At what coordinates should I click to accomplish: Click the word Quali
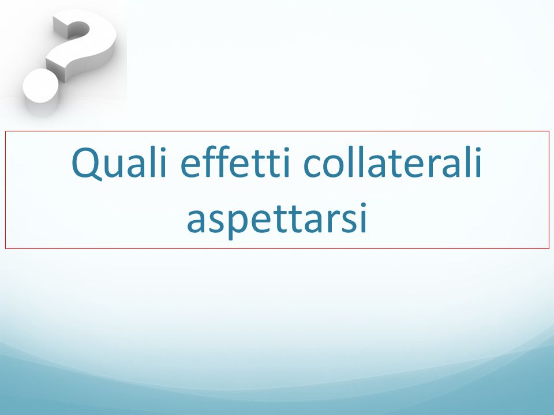[119, 163]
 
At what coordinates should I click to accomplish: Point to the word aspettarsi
[276, 219]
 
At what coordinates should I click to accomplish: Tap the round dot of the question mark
[40, 86]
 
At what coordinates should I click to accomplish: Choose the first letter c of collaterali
[312, 165]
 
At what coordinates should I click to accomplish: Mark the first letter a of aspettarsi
[196, 221]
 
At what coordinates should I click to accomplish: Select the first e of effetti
[192, 165]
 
